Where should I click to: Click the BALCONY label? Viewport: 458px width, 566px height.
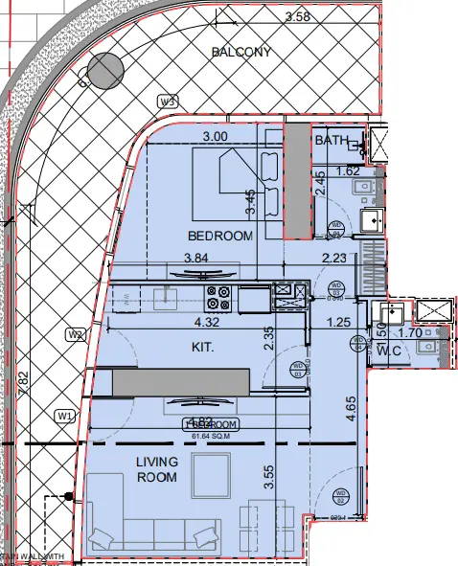click(240, 52)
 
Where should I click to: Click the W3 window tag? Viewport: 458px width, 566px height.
click(170, 101)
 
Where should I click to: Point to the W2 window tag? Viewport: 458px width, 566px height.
click(77, 334)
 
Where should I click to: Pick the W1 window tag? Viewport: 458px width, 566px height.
click(65, 416)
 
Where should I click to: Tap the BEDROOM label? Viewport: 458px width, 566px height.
click(220, 236)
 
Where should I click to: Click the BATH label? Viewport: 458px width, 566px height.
click(332, 141)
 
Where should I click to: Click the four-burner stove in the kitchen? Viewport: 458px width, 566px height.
click(219, 298)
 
